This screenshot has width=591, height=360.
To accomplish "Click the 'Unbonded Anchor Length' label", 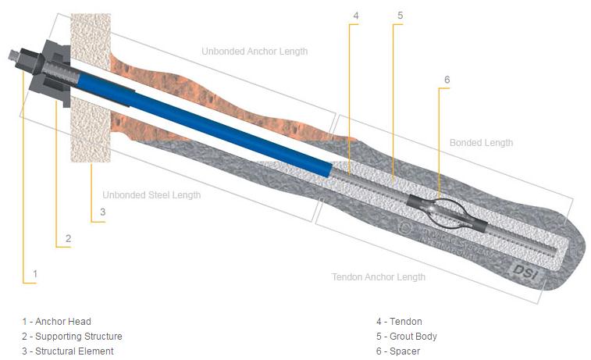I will (255, 52).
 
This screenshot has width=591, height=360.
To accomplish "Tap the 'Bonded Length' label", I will (481, 143).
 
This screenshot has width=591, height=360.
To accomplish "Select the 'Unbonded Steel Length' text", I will (151, 195).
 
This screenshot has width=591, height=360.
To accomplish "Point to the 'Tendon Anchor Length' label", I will (379, 277).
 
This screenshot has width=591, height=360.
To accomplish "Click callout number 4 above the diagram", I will (355, 16).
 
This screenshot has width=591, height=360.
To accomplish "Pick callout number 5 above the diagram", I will (400, 16).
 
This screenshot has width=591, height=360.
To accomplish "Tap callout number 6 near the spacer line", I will (447, 80).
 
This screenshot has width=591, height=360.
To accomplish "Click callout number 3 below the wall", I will (101, 212).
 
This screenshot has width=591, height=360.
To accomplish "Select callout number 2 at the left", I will (68, 238).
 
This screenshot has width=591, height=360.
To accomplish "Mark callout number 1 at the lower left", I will (34, 274).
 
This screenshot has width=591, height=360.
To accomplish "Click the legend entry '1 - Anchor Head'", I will (56, 322).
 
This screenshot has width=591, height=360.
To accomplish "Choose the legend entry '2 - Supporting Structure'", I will (72, 337).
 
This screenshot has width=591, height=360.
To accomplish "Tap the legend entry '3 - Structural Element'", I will (68, 351).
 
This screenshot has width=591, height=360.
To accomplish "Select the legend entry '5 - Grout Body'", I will (406, 337).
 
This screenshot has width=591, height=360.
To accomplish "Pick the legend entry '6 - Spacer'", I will (398, 351).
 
